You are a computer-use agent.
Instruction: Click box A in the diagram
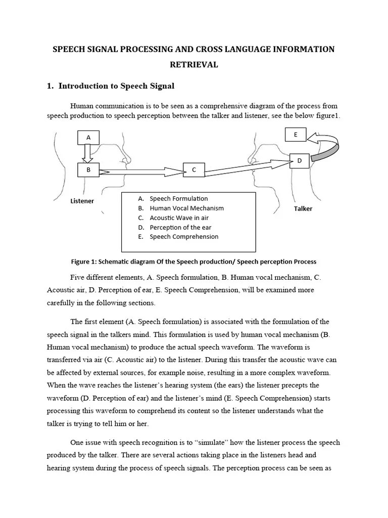(x=88, y=137)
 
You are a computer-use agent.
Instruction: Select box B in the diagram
(x=88, y=170)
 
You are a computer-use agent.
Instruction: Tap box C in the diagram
(x=193, y=170)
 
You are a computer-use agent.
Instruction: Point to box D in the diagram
(x=299, y=161)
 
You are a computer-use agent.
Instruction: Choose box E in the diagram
(x=296, y=135)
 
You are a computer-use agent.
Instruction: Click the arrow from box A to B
(x=87, y=153)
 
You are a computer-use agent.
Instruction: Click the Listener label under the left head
(x=82, y=201)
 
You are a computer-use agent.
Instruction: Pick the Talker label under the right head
(x=303, y=208)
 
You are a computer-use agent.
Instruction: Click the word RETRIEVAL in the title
(x=194, y=64)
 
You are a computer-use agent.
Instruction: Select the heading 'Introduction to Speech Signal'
(x=116, y=86)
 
